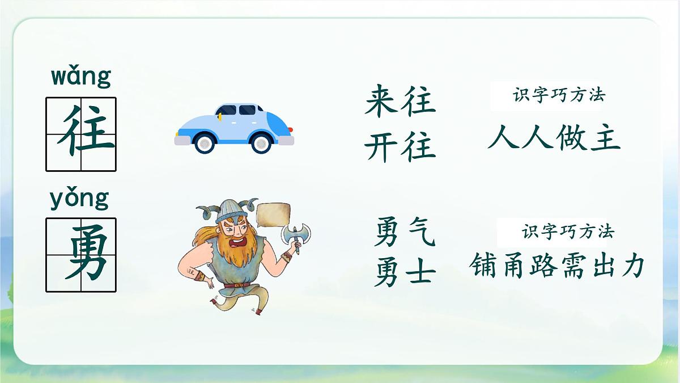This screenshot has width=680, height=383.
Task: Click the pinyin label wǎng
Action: (x=81, y=77)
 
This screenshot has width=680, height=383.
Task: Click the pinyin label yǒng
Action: (x=79, y=199)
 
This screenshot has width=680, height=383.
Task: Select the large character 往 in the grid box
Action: (x=81, y=134)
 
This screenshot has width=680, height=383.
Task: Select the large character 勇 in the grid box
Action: (x=81, y=255)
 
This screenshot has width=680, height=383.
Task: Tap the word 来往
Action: (x=399, y=102)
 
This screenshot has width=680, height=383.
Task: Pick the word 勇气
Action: (x=404, y=233)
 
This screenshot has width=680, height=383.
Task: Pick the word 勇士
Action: (x=404, y=273)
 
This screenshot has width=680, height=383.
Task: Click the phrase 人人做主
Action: (x=554, y=138)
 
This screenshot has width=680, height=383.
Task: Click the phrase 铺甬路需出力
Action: (x=557, y=264)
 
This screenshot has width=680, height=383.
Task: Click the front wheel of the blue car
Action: (x=205, y=143)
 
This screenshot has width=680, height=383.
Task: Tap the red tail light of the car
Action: (x=290, y=130)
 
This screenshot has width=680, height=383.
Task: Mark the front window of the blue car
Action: (x=227, y=110)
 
